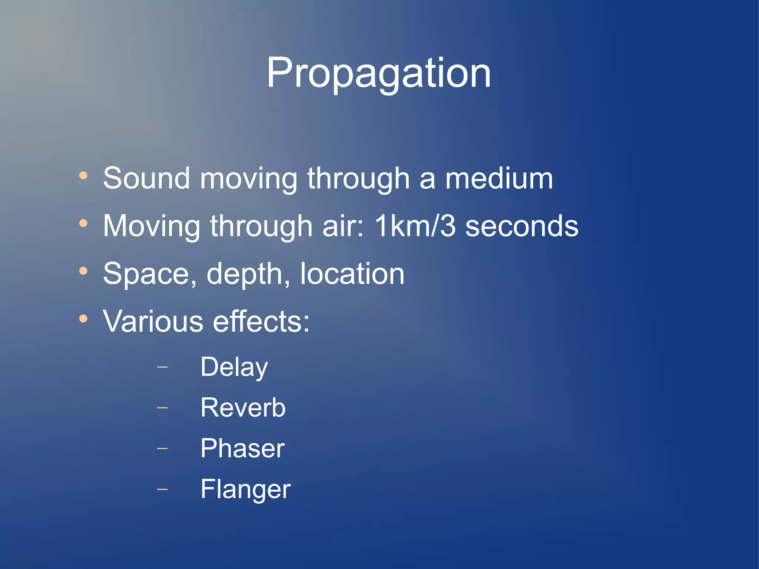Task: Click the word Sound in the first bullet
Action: tap(146, 179)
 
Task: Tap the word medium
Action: tap(499, 179)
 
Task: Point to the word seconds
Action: tap(522, 226)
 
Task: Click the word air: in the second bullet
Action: tap(343, 226)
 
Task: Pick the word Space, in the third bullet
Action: tap(150, 274)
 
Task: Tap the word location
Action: tap(352, 274)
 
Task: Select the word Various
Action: tap(153, 321)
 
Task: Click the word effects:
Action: tap(261, 321)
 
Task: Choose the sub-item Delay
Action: tap(234, 367)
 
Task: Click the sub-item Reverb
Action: tap(243, 408)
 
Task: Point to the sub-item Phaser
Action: tap(242, 449)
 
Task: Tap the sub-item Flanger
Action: tap(245, 489)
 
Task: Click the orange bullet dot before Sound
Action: tap(83, 175)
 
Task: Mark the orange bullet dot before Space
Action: tap(83, 271)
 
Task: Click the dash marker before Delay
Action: tap(162, 367)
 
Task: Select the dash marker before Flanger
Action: tap(162, 489)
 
